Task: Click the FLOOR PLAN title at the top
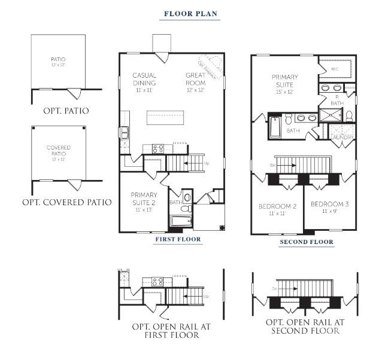pos(190,13)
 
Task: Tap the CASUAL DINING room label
pos(144,79)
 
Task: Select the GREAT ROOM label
pos(195,79)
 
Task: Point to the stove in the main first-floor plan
pos(157,148)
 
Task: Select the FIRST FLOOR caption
pos(178,239)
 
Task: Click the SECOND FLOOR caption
pos(306,242)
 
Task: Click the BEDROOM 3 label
pos(329,207)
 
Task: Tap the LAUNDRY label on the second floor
pos(341,138)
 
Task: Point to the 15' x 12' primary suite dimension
pos(284,91)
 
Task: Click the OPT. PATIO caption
pos(66,111)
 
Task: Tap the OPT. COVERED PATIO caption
pos(66,202)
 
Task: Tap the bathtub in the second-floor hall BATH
pos(275,127)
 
